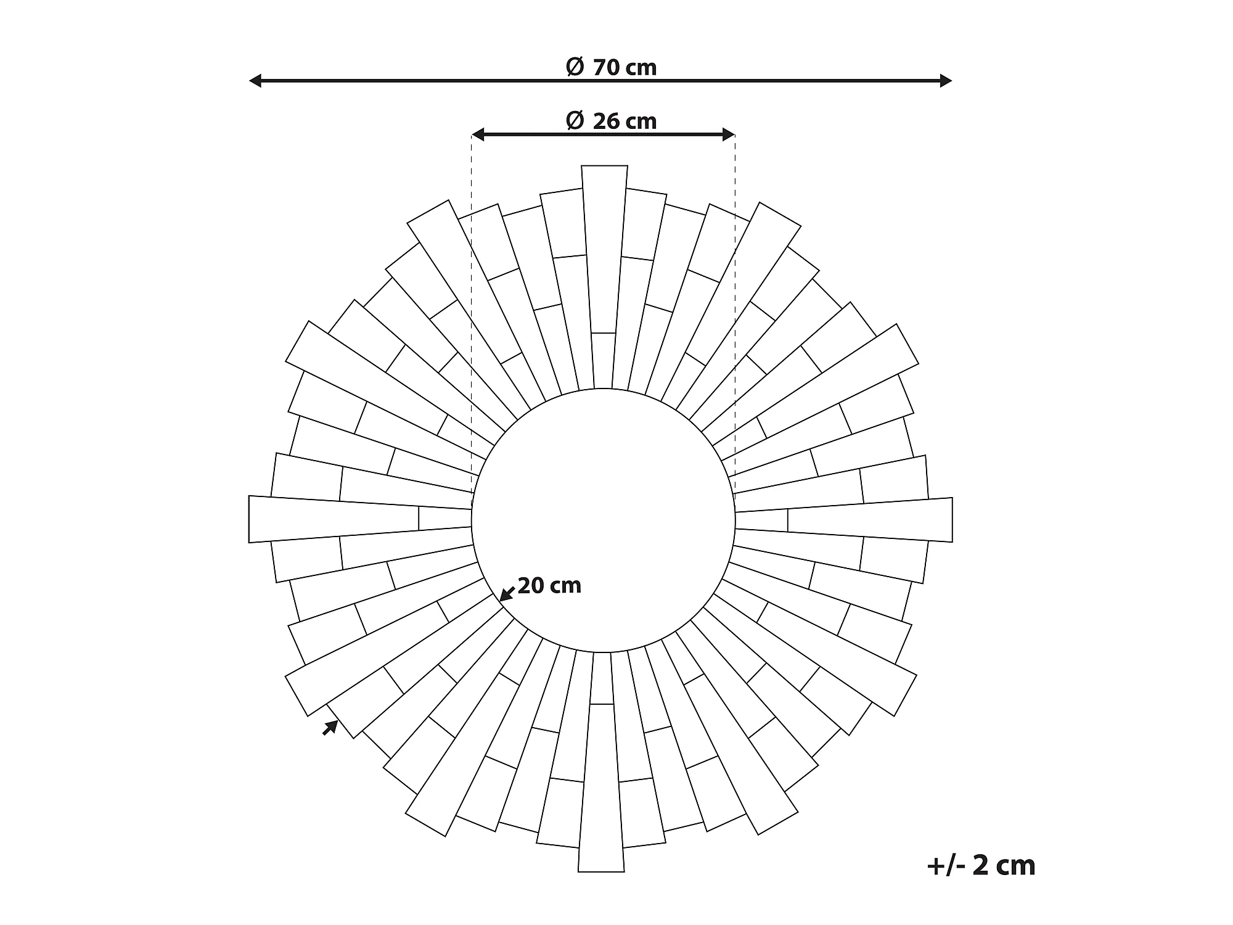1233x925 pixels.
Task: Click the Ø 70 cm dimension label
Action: pos(612,67)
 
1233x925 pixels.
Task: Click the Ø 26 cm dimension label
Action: pos(612,121)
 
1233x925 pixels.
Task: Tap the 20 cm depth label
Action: pos(549,585)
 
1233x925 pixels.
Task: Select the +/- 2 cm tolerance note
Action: pos(981,865)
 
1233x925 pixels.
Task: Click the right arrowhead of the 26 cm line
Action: pos(729,134)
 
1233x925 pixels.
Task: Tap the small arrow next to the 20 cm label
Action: pos(507,593)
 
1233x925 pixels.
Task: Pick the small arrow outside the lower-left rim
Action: pos(330,728)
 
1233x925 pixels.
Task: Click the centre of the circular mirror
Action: pos(604,520)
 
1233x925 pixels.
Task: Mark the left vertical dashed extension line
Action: pos(472,308)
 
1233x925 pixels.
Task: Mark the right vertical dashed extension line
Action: pos(735,308)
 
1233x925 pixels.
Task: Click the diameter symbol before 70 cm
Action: pos(574,67)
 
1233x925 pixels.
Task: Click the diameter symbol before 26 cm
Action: pos(574,120)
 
